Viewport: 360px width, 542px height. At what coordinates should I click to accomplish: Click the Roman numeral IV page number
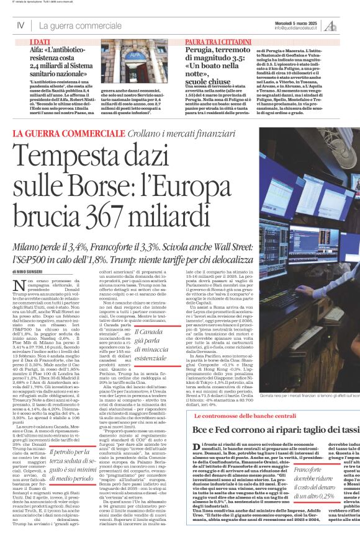click(x=20, y=26)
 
